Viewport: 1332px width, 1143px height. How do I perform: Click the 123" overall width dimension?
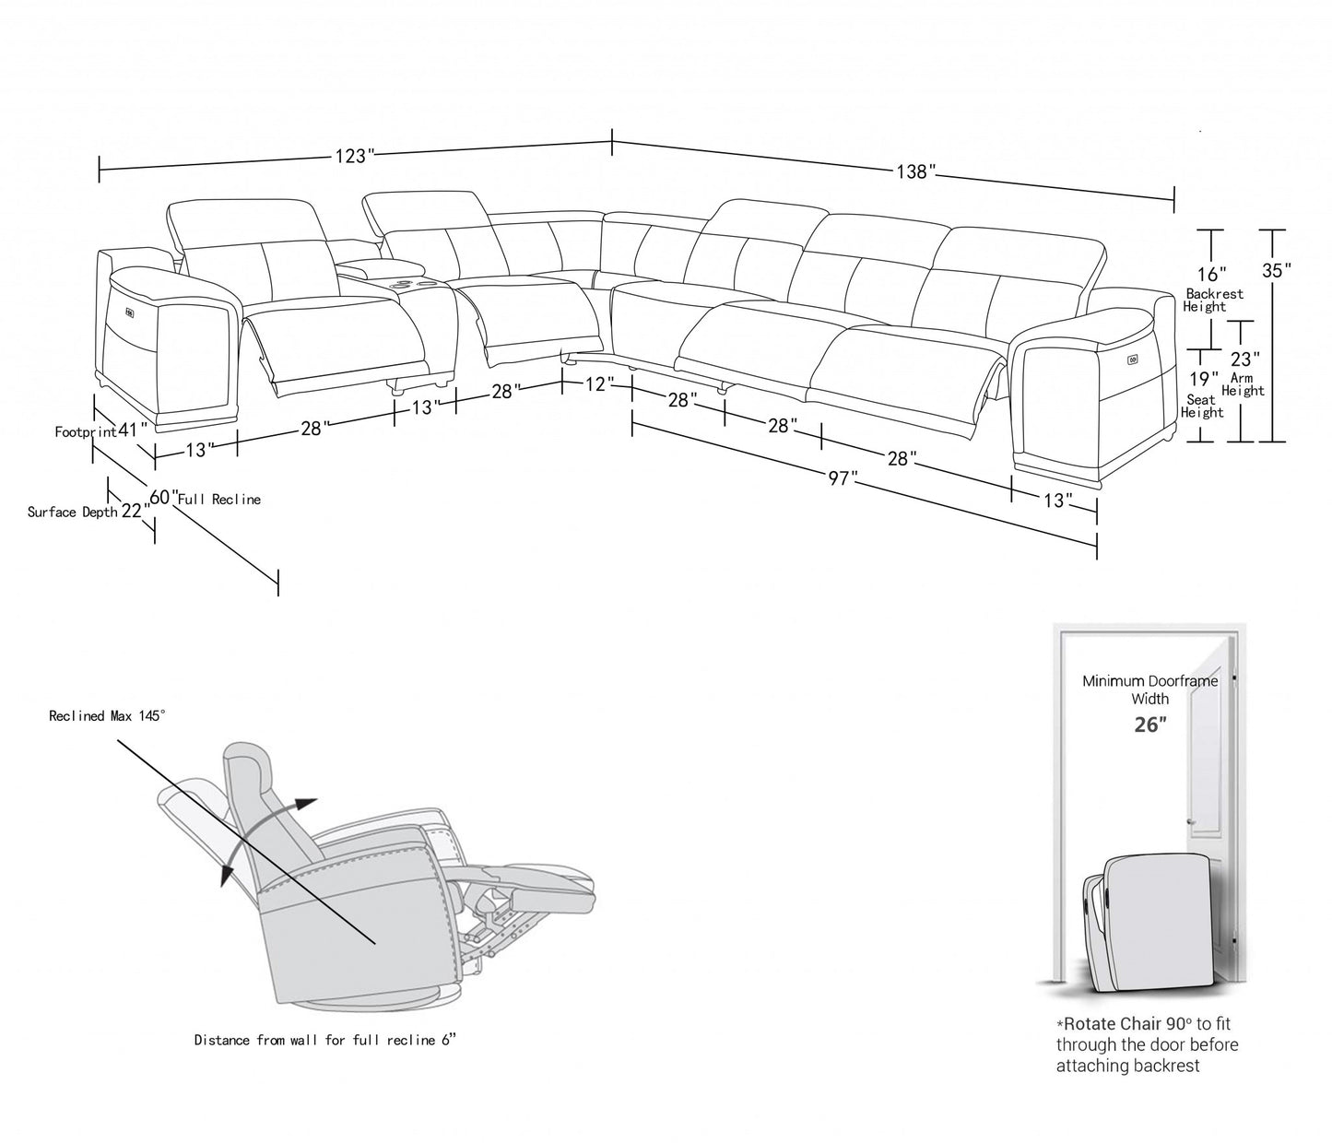point(351,157)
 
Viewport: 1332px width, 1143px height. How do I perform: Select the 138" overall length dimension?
point(915,171)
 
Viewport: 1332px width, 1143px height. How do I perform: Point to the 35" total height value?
point(1276,270)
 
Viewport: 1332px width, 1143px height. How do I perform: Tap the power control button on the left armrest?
point(129,312)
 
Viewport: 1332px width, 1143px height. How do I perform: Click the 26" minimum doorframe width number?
point(1149,725)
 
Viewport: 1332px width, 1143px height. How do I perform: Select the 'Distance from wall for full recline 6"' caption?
point(325,1041)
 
